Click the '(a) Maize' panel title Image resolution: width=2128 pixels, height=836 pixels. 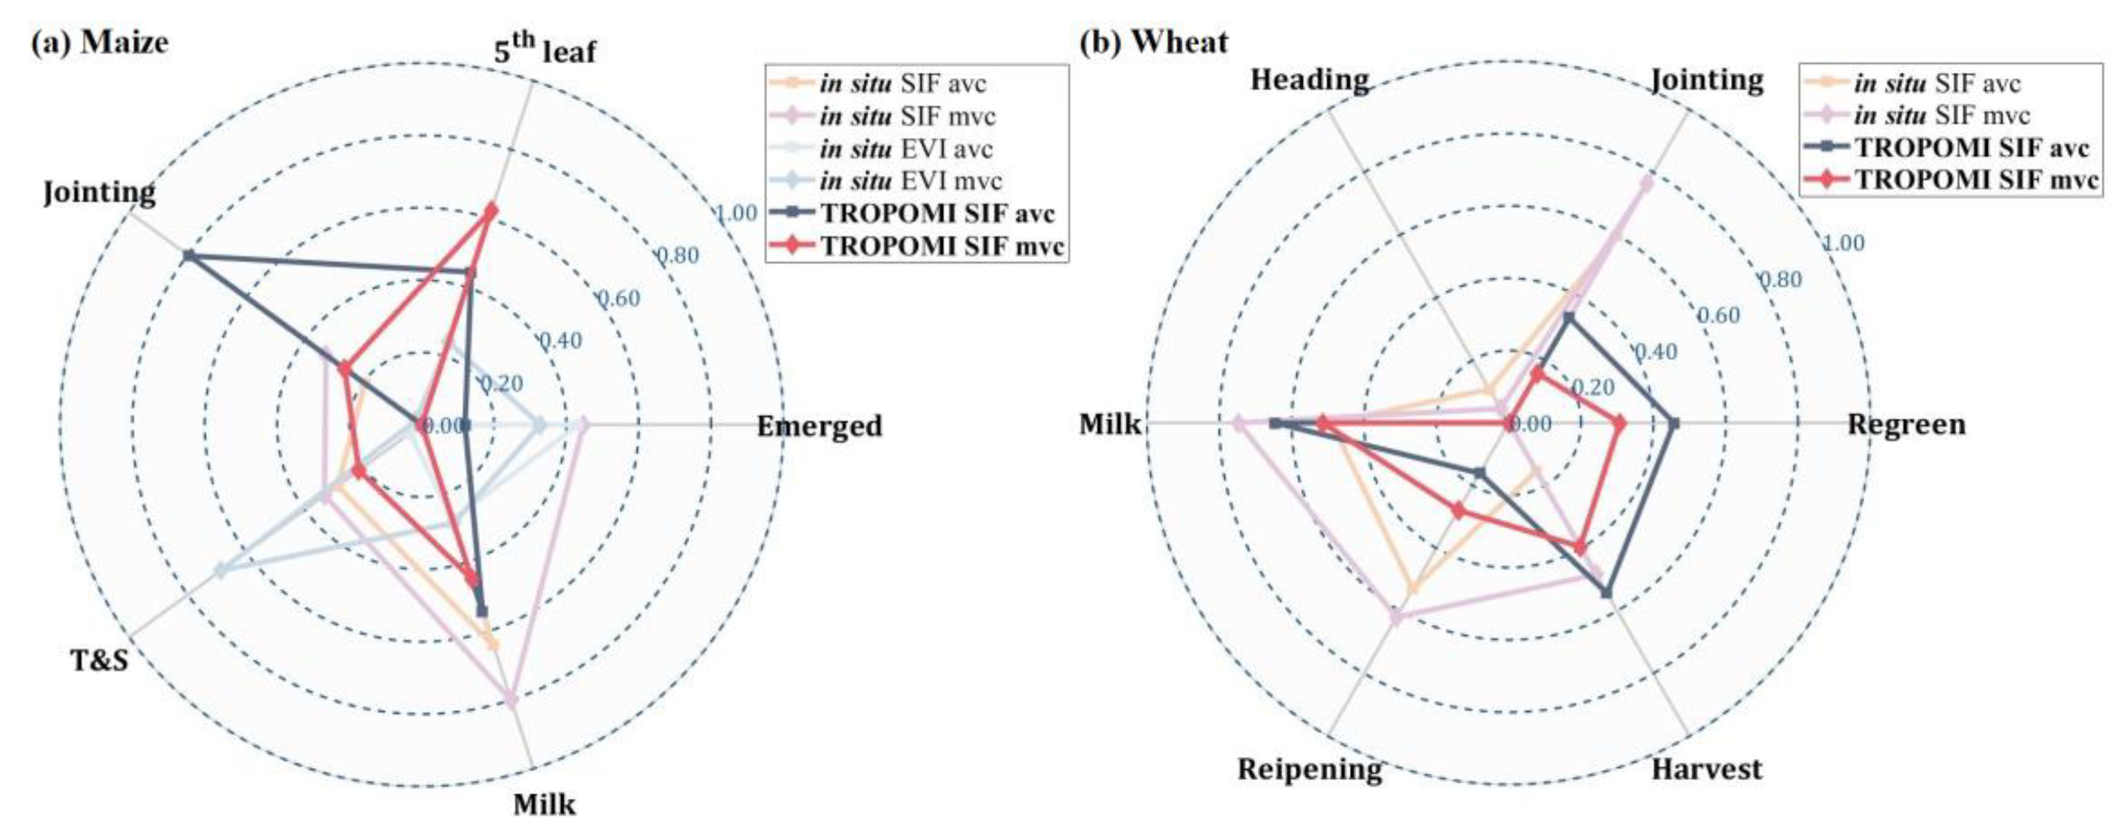pyautogui.click(x=99, y=42)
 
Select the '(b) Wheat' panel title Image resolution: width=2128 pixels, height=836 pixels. pyautogui.click(x=1153, y=42)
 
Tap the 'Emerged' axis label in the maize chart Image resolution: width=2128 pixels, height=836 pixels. pyautogui.click(x=819, y=426)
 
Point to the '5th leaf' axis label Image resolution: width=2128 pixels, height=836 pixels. pyautogui.click(x=544, y=51)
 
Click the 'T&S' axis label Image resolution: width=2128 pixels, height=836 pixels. pyautogui.click(x=100, y=660)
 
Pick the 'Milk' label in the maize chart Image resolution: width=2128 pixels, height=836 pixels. pyautogui.click(x=544, y=803)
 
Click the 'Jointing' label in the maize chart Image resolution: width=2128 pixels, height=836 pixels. pyautogui.click(x=99, y=193)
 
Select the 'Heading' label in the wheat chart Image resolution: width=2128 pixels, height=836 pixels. pyautogui.click(x=1309, y=80)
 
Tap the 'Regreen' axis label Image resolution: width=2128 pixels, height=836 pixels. pyautogui.click(x=1906, y=424)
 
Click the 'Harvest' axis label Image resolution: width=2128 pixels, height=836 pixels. pyautogui.click(x=1706, y=769)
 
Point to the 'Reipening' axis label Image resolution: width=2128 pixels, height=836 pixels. pyautogui.click(x=1309, y=769)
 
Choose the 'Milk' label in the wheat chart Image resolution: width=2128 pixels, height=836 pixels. pyautogui.click(x=1109, y=424)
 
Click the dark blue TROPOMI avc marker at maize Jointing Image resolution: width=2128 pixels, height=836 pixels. pyautogui.click(x=188, y=255)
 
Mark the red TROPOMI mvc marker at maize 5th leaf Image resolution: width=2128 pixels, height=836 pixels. pyautogui.click(x=491, y=211)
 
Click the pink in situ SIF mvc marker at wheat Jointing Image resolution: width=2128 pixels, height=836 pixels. pyautogui.click(x=1646, y=184)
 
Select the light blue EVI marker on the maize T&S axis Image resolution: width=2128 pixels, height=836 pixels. pyautogui.click(x=220, y=570)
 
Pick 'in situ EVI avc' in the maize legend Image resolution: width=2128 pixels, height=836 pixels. pyautogui.click(x=905, y=149)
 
